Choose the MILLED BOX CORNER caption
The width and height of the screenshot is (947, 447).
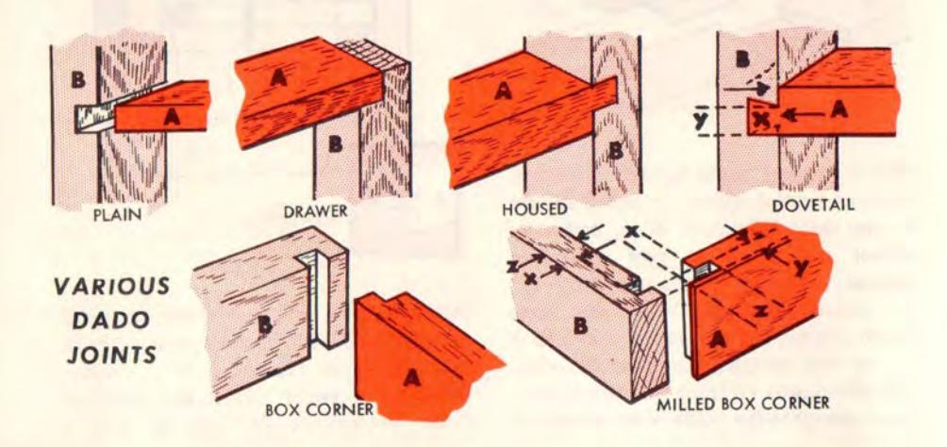click(x=743, y=403)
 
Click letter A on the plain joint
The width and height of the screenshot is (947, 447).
click(x=172, y=118)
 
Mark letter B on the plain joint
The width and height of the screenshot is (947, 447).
click(x=76, y=81)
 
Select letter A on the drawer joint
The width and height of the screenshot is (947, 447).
click(x=278, y=78)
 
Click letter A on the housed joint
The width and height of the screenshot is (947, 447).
click(x=502, y=91)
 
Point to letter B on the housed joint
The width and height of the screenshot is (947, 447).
click(x=615, y=149)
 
